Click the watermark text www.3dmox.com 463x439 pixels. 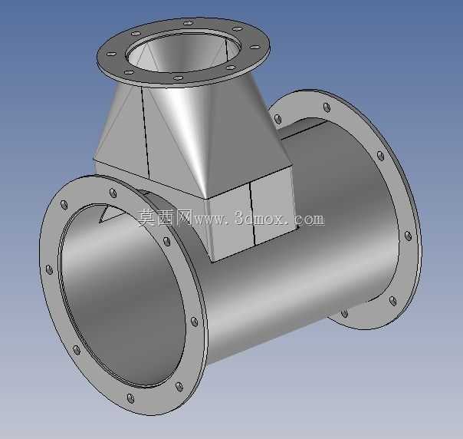click(259, 219)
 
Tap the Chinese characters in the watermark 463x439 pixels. click(166, 218)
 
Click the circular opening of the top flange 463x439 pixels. click(182, 53)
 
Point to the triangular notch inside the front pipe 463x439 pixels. click(110, 213)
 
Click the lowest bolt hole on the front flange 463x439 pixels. click(130, 398)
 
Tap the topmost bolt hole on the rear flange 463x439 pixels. click(327, 107)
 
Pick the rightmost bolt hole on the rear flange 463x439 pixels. click(408, 236)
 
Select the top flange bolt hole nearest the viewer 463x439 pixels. click(178, 78)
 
